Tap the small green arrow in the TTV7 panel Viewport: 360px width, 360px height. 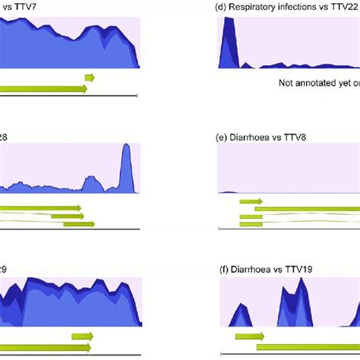point(90,77)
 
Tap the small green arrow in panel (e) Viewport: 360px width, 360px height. point(251,201)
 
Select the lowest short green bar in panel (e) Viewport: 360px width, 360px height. point(250,224)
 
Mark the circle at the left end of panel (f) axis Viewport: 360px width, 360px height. point(220,353)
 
